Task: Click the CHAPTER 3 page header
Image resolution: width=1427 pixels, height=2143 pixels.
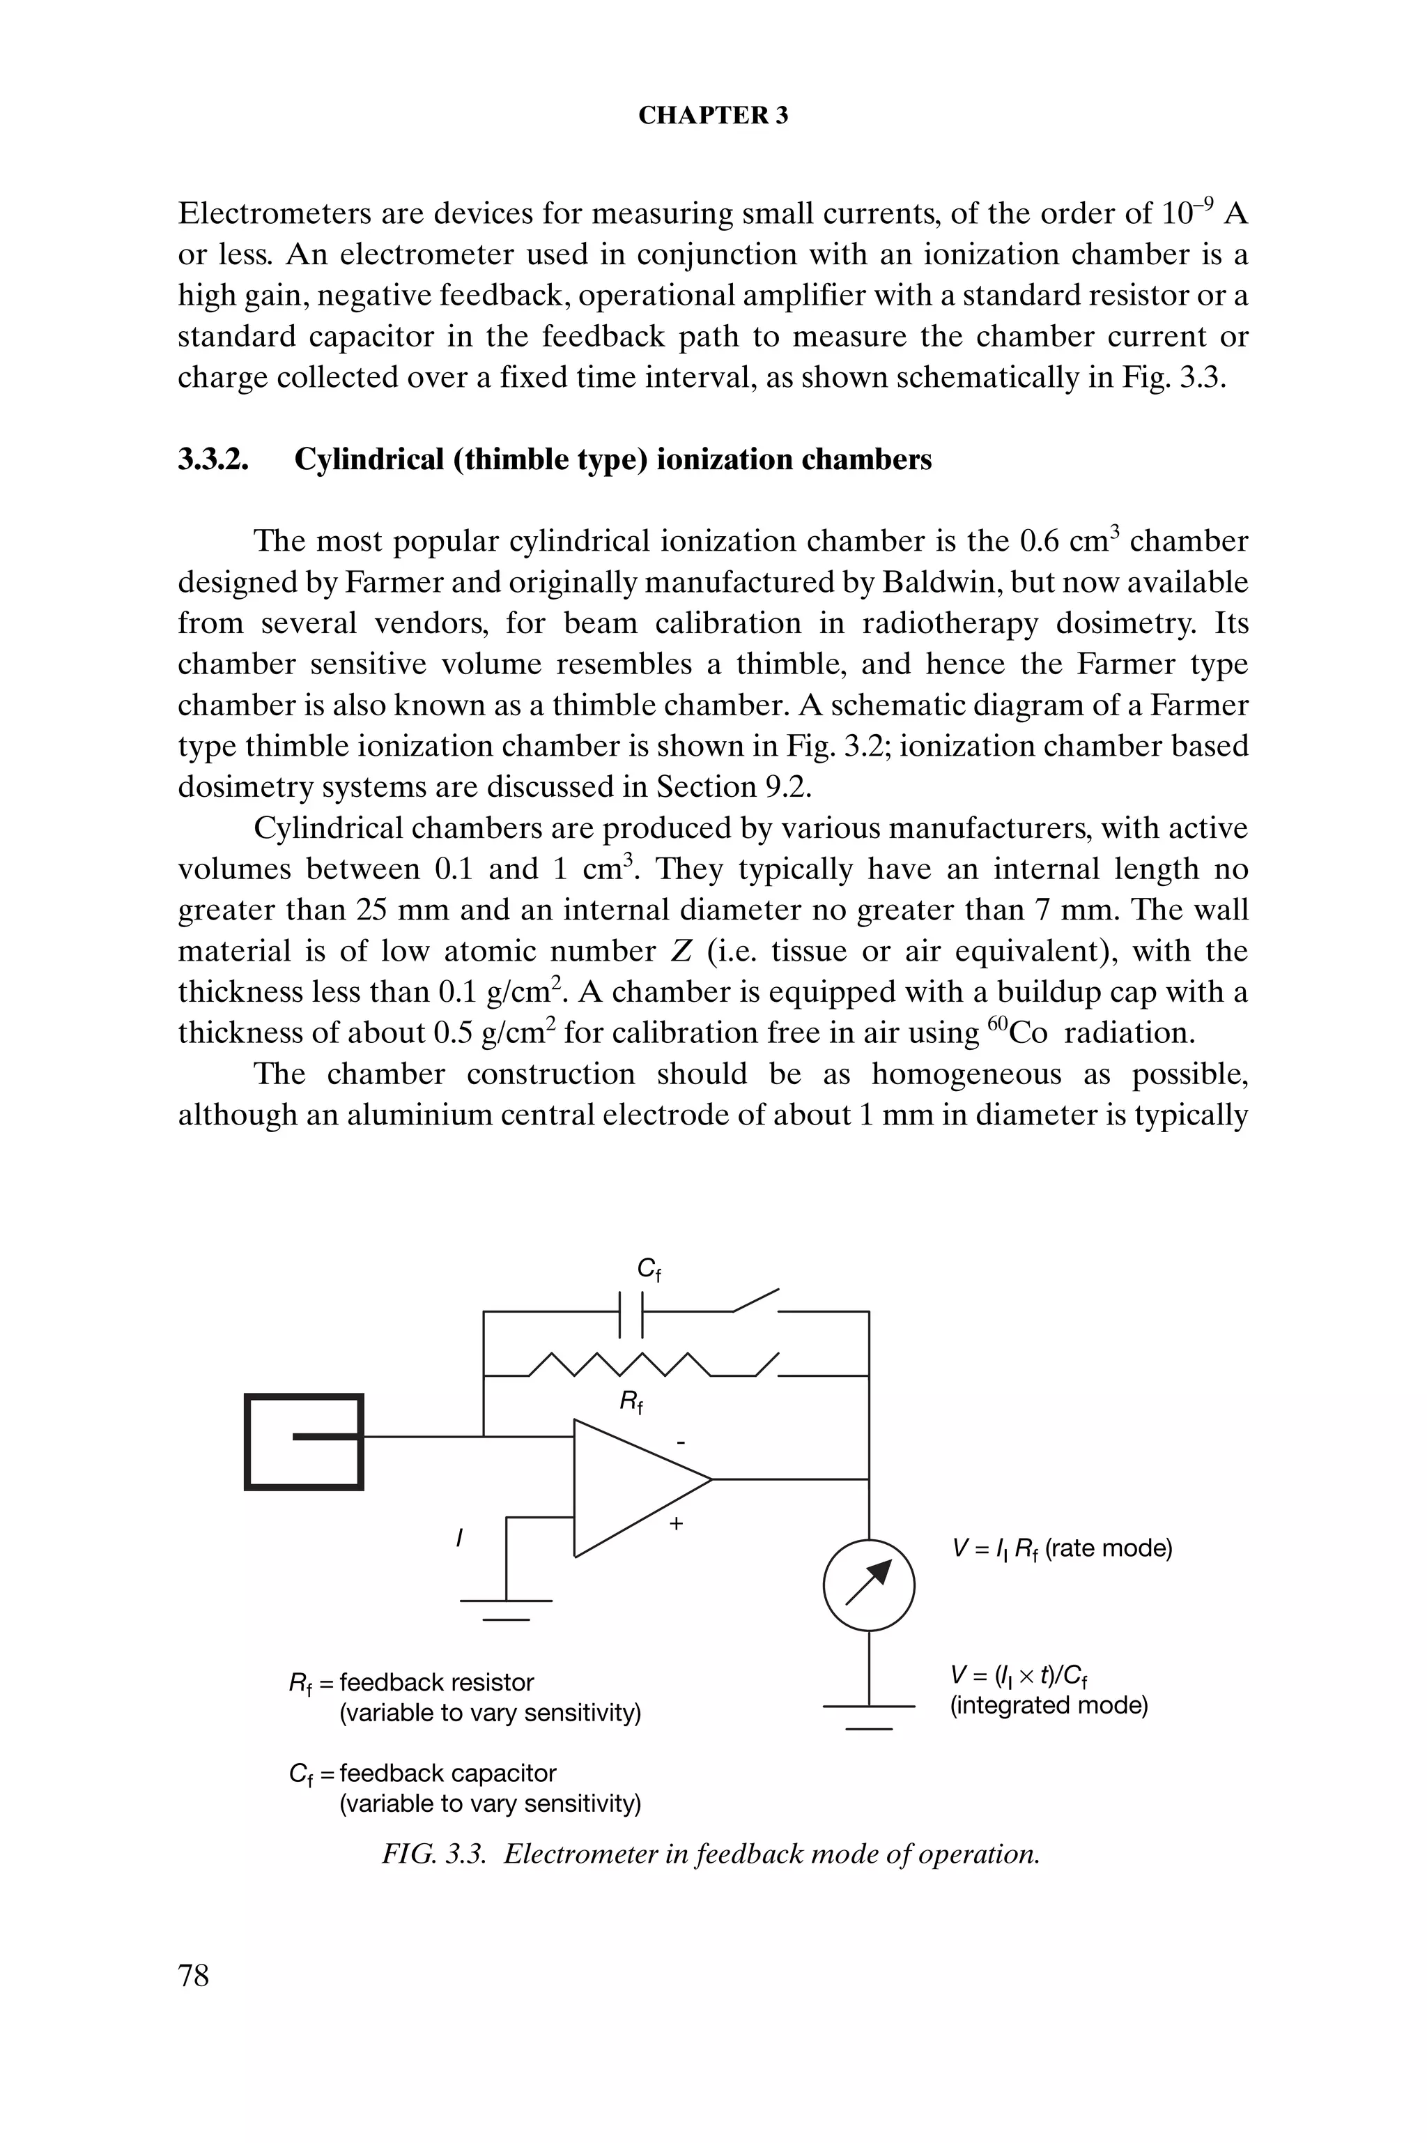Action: point(713,116)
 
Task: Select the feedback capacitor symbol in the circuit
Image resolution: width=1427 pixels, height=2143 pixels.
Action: point(631,1312)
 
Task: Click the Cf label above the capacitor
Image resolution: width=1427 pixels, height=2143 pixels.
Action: point(648,1269)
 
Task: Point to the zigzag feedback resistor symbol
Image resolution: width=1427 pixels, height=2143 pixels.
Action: point(619,1364)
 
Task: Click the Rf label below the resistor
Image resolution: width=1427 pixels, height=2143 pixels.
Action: point(631,1403)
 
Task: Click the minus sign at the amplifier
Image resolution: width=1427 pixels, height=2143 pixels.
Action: point(680,1442)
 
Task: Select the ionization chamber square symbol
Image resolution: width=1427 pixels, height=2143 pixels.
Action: point(304,1441)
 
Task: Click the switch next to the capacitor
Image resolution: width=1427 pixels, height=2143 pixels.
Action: point(756,1301)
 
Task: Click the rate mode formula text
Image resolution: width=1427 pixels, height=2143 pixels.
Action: point(1061,1548)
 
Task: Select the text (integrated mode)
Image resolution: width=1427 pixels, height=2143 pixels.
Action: point(1049,1705)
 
